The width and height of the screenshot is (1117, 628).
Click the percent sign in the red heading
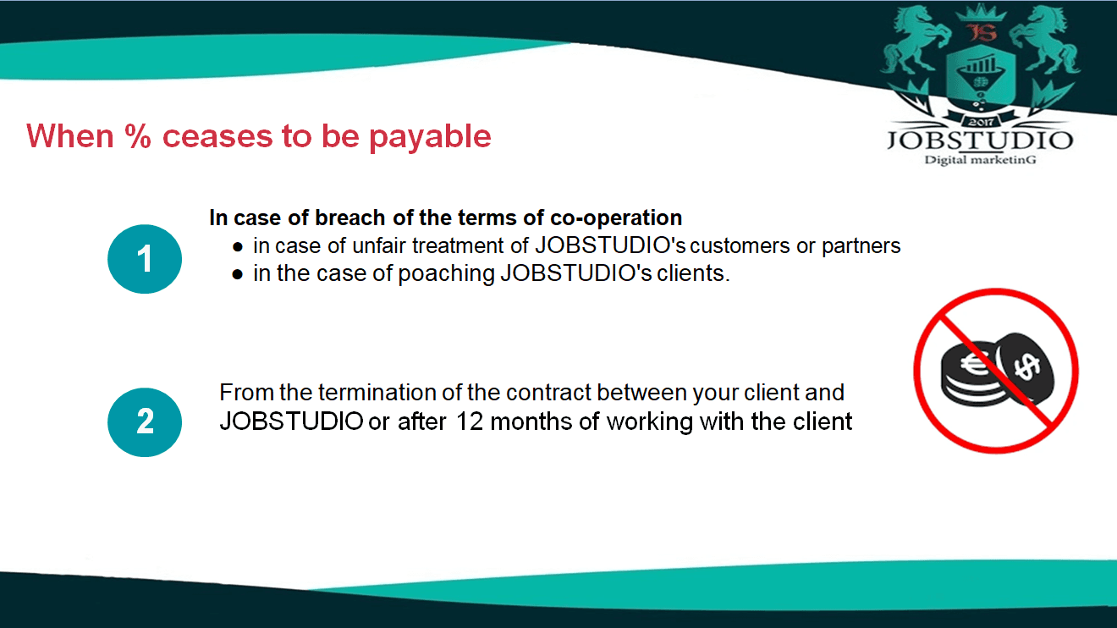pos(138,136)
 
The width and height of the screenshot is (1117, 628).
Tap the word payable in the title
pos(430,137)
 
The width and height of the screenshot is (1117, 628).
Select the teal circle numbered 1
pos(145,259)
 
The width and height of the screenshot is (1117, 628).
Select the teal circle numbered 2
pos(145,422)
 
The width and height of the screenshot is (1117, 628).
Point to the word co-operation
pos(616,218)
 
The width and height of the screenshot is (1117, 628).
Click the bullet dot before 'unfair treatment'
pos(238,247)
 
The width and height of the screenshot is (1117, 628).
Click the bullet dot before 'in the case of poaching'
pos(238,274)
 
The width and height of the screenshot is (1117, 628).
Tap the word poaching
pos(446,274)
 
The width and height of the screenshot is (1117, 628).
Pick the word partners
pos(861,246)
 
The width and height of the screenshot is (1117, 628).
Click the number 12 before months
pos(470,421)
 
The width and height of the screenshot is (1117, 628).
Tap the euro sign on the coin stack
pos(973,365)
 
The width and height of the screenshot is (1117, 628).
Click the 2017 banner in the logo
pos(981,121)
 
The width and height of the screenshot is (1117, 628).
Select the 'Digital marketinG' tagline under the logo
pos(981,160)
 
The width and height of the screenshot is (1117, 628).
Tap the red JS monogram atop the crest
pos(982,33)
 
